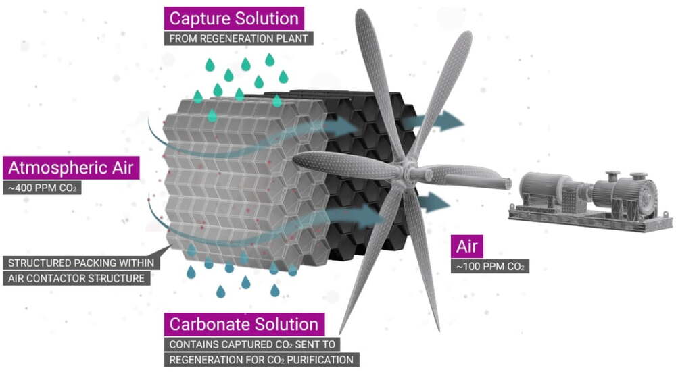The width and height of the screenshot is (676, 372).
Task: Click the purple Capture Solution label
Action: click(234, 18)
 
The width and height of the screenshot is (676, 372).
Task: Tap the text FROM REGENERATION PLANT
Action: click(239, 38)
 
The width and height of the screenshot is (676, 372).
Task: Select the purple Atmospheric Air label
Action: click(71, 167)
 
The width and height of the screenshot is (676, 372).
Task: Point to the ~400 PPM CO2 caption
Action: click(42, 188)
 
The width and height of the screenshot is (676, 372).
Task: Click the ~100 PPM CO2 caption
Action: click(490, 267)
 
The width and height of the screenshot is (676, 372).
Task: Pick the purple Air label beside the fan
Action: click(467, 246)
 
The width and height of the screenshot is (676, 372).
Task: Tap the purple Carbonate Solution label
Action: click(244, 324)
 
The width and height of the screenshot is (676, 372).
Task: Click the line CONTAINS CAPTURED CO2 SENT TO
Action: click(252, 344)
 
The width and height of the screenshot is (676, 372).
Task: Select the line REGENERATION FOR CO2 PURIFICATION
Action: click(261, 360)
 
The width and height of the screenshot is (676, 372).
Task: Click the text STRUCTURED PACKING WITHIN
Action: click(81, 263)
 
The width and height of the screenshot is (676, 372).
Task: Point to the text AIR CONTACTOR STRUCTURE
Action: click(76, 278)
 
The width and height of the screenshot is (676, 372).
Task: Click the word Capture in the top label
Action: click(197, 18)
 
